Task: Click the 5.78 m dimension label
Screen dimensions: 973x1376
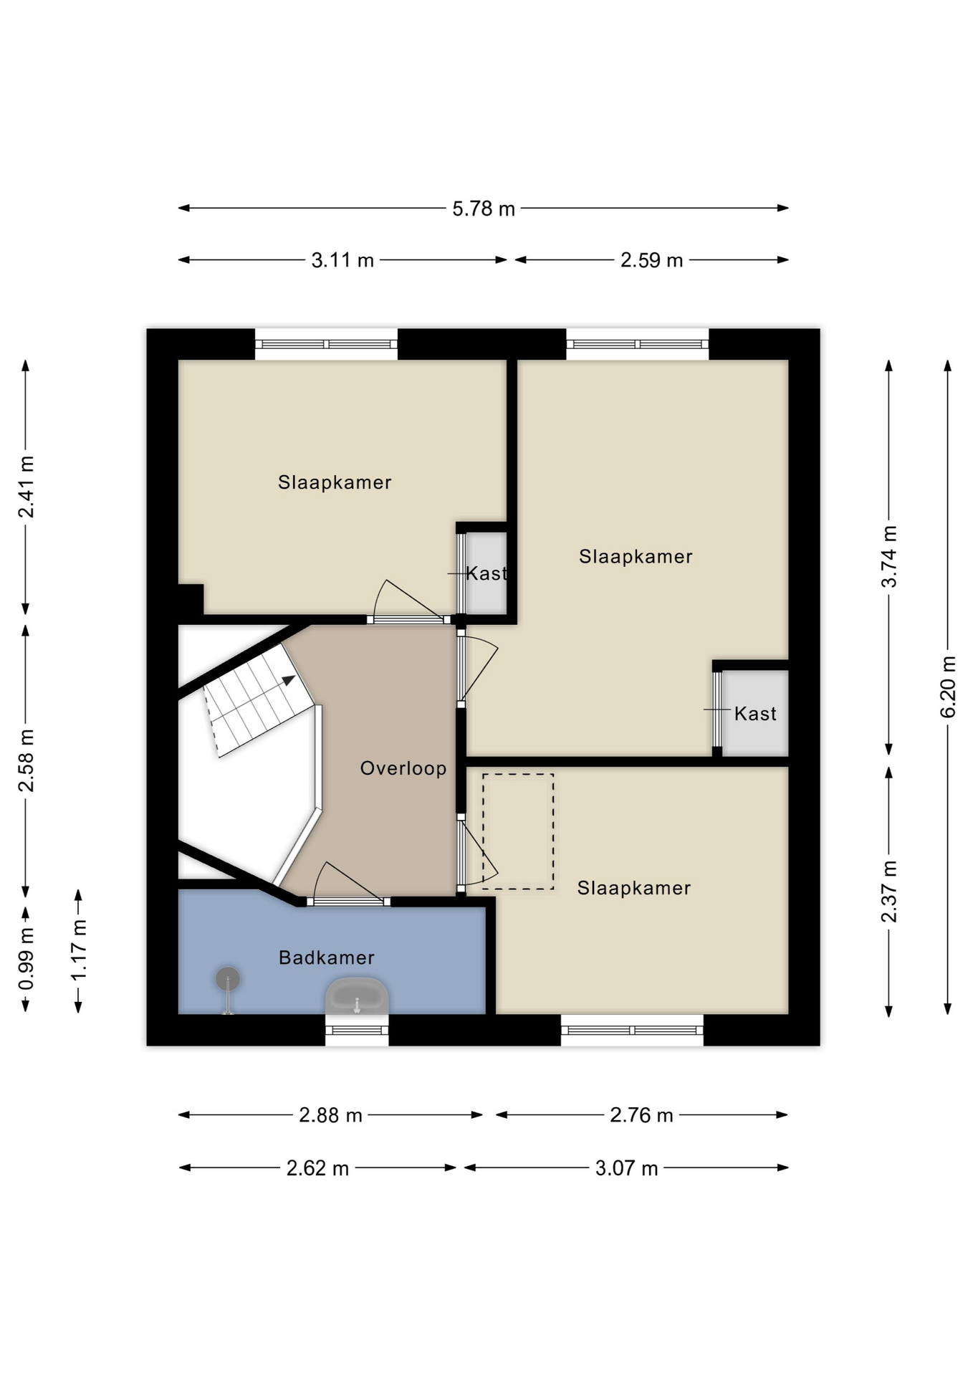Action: coord(484,209)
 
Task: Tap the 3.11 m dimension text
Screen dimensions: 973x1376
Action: coord(342,260)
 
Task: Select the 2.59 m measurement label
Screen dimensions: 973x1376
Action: coord(651,260)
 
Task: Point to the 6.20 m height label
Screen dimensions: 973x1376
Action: coord(948,687)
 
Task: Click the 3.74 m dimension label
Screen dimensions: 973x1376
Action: coord(889,557)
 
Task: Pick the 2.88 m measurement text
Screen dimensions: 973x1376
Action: coord(330,1115)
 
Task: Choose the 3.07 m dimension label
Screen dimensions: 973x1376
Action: coord(626,1168)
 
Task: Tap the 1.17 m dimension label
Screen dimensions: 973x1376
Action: coord(78,950)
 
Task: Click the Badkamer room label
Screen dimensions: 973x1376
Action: coord(327,957)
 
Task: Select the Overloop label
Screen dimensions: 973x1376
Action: coord(403,768)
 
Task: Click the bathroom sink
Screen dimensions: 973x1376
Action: coord(357,997)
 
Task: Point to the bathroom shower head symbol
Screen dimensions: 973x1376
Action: coord(228,979)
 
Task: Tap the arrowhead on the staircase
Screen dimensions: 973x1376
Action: coord(289,680)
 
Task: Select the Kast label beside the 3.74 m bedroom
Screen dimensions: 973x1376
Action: coord(755,714)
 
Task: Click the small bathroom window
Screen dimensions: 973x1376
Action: coord(357,1031)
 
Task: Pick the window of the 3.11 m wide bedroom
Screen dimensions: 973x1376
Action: coord(326,344)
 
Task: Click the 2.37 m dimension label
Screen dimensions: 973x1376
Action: coord(889,892)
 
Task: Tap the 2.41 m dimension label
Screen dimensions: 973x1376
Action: coord(26,487)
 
